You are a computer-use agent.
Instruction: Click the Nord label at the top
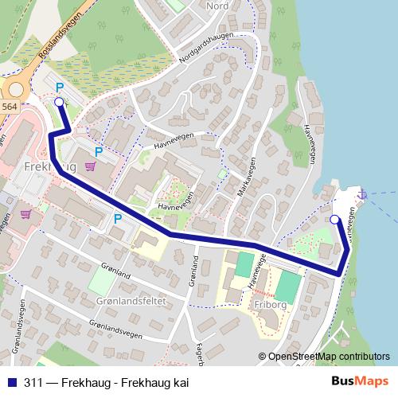point(217,6)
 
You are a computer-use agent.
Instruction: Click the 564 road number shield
point(9,106)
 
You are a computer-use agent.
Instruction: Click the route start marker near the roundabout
point(58,102)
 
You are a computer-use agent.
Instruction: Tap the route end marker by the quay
point(334,219)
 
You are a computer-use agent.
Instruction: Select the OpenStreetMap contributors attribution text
point(328,357)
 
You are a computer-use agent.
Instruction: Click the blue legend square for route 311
point(10,383)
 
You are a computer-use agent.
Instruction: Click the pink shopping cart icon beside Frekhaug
point(91,166)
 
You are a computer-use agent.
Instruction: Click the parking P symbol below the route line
point(118,218)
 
